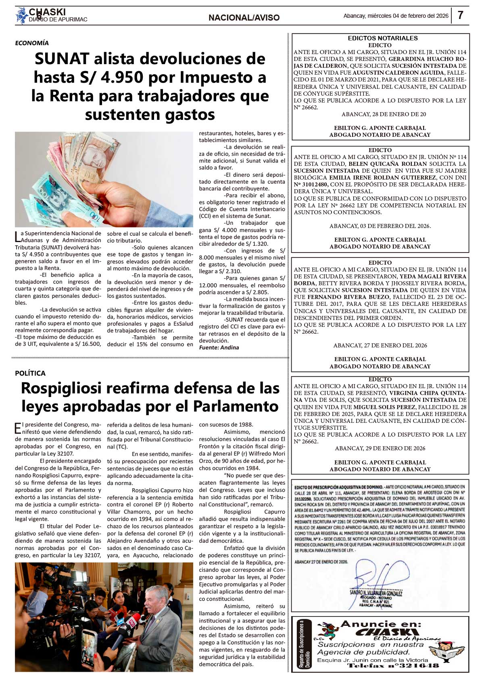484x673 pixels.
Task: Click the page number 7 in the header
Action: [460, 15]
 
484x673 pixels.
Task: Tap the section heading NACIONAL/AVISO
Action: [244, 18]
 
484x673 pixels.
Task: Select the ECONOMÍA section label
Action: [32, 43]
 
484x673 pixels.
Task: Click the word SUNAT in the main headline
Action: [61, 59]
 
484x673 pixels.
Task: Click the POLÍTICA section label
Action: [30, 373]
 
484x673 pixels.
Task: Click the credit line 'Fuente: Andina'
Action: [219, 347]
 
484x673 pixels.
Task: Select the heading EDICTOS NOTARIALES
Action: [383, 38]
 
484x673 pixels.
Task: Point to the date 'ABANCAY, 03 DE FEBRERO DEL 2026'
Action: [380, 226]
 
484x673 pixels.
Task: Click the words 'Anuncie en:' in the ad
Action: [381, 624]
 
